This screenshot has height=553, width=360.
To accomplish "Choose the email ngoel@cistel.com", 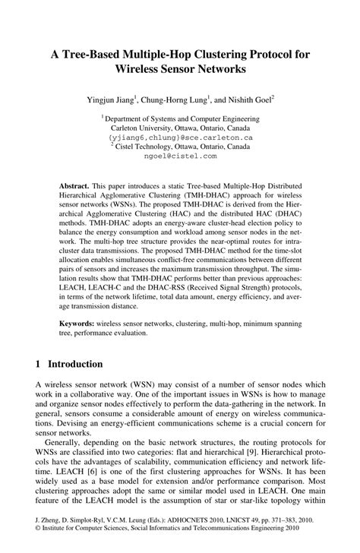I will (179, 156).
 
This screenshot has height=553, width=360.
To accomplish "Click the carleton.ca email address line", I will (179, 137).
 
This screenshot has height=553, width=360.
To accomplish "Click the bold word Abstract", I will (76, 186).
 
